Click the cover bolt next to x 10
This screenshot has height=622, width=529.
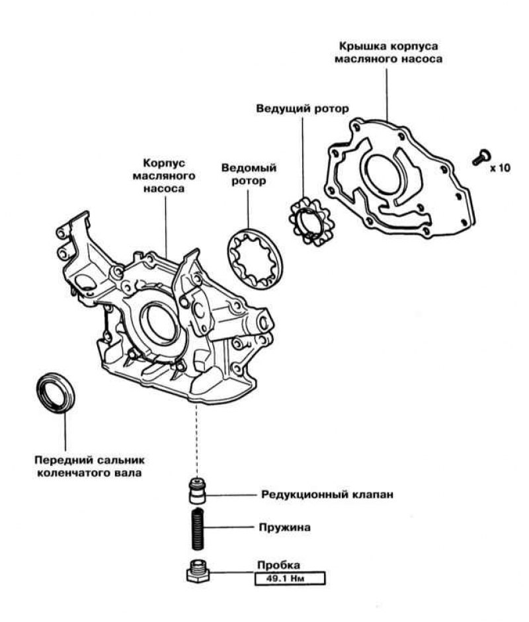pos(480,157)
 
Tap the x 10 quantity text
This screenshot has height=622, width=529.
pos(500,168)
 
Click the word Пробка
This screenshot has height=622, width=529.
pos(278,566)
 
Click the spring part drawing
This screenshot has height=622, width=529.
pos(196,528)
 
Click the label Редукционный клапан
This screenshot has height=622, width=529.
pos(319,494)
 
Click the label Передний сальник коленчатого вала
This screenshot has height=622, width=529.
pos(87,465)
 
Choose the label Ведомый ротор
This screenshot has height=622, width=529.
pos(249,175)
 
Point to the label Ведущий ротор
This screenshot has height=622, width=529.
pos(302,108)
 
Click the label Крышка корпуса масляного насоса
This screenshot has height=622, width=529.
pos(388,52)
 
